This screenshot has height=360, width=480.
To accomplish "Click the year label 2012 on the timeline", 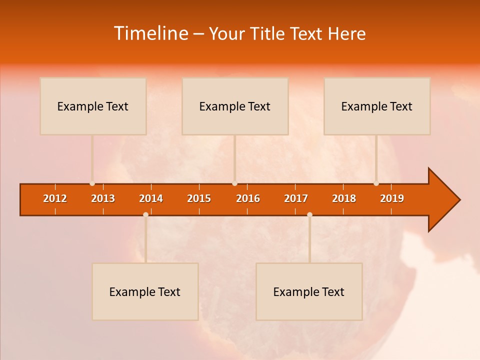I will tap(55, 198).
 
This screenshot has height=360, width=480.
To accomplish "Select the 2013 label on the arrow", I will tap(103, 198).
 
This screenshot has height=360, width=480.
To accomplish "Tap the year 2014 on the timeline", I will tap(151, 198).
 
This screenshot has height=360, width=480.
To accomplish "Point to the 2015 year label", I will tap(199, 198).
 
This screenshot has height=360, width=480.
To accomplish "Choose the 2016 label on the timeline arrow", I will tap(248, 198).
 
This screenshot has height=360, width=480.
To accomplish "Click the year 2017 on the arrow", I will tap(296, 198).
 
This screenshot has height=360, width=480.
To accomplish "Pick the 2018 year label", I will tap(344, 198).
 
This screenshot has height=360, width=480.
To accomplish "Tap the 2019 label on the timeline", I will tap(392, 198).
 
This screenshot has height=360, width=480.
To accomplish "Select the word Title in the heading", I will tap(268, 33).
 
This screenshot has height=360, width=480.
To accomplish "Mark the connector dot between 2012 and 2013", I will tap(92, 183).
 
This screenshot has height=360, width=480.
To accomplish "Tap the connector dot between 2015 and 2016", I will tap(234, 183).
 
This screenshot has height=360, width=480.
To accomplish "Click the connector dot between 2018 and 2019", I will tap(376, 183).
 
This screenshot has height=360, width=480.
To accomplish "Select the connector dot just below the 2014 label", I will tap(145, 214).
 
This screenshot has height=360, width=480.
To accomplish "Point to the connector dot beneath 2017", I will tap(309, 214).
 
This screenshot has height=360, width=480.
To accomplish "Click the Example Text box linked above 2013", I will tap(93, 106).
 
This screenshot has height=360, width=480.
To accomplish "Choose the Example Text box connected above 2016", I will tap(235, 106).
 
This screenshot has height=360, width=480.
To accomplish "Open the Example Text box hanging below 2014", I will tap(145, 291).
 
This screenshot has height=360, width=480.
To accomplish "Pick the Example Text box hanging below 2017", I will tap(309, 291).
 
